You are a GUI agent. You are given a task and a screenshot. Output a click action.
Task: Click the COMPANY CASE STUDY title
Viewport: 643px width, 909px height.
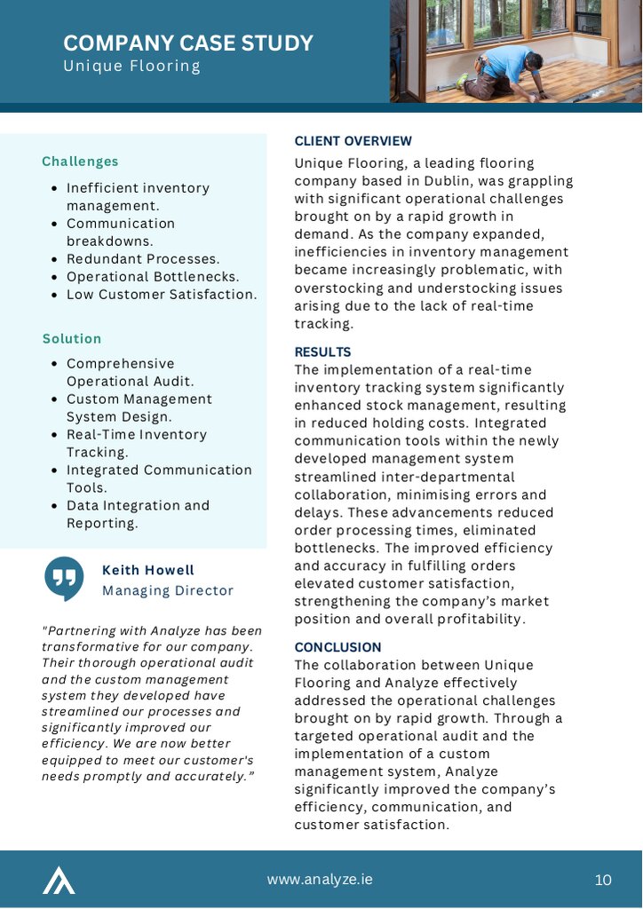[188, 43]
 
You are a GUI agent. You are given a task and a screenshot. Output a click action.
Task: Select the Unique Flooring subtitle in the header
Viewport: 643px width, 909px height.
[131, 67]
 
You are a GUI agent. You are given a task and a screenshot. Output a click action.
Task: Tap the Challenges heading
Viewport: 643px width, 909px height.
[80, 162]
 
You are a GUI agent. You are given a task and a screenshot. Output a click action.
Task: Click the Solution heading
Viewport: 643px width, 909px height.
[72, 339]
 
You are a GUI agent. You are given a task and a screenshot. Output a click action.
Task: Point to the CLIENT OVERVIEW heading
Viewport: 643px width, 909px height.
[353, 141]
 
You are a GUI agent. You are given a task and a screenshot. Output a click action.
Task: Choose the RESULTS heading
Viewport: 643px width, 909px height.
[322, 352]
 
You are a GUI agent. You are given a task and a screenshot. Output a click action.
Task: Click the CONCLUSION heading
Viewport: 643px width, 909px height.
[337, 647]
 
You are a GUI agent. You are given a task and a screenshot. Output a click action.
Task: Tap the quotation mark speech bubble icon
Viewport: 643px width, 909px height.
[64, 578]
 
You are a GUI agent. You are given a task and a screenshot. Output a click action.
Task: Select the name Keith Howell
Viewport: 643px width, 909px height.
[148, 570]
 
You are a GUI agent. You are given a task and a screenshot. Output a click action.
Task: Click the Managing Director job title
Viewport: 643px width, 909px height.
[168, 590]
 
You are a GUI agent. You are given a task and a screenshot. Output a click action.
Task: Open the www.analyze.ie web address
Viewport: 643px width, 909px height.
[320, 879]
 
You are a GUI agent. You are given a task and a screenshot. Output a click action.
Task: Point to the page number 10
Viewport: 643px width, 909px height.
[603, 880]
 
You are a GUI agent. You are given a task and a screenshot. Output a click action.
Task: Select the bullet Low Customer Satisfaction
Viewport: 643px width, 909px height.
[162, 295]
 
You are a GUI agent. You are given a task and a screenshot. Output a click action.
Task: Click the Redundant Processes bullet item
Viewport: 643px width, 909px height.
[143, 259]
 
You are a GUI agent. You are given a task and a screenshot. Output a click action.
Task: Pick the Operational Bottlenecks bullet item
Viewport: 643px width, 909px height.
[153, 277]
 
